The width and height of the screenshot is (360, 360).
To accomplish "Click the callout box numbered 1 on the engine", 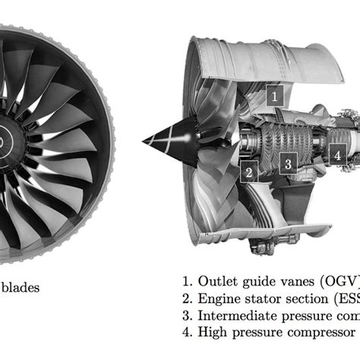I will (x=275, y=95).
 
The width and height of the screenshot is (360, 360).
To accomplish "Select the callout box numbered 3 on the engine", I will (x=287, y=163).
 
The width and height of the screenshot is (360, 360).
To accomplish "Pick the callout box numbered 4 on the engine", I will (x=336, y=154).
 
